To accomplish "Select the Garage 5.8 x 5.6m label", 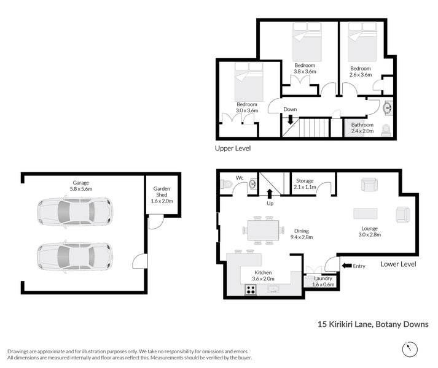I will pyautogui.click(x=80, y=186).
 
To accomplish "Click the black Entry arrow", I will pyautogui.click(x=346, y=266).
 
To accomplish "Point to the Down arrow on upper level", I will pyautogui.click(x=290, y=120).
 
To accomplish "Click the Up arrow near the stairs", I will pyautogui.click(x=270, y=195).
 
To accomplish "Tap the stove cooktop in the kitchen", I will pyautogui.click(x=251, y=290).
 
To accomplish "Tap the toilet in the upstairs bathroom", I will pyautogui.click(x=386, y=130).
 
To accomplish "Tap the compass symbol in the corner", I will pyautogui.click(x=409, y=349).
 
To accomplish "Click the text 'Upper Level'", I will pyautogui.click(x=233, y=148).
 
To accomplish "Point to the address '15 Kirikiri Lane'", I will pyautogui.click(x=344, y=324).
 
